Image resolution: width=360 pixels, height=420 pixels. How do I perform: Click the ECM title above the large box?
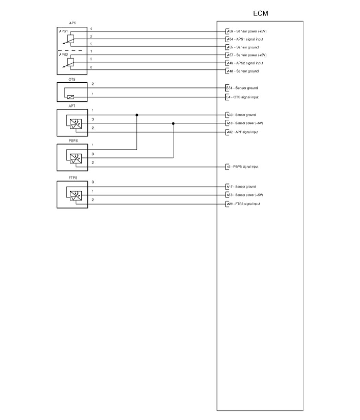tap(261, 14)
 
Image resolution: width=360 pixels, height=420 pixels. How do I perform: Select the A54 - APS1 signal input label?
tap(245, 39)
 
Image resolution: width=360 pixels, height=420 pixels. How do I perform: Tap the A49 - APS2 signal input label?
tap(245, 63)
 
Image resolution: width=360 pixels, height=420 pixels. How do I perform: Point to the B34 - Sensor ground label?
tap(242, 88)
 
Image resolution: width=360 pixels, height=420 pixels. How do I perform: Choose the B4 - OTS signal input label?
tap(242, 97)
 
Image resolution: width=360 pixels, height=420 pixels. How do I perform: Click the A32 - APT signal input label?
tap(242, 132)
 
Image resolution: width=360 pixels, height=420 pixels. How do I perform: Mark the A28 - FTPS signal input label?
tap(243, 204)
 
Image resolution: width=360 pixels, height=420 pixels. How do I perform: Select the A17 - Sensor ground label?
tap(241, 187)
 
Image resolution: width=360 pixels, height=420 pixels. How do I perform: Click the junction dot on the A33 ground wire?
tap(137, 115)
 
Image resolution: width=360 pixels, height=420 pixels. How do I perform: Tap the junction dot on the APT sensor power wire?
tap(173, 123)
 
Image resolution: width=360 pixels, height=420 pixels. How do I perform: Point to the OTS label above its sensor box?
tap(72, 80)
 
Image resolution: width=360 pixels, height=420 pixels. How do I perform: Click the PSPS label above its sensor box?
tap(73, 141)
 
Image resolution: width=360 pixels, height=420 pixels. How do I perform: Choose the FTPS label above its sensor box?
tap(73, 178)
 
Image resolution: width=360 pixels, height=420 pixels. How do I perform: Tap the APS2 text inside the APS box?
tap(64, 55)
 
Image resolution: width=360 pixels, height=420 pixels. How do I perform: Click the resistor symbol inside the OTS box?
tap(71, 97)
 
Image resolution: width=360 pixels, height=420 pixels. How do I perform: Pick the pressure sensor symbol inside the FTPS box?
tap(74, 196)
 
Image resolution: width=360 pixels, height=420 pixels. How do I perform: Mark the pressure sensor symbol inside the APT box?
tap(74, 124)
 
